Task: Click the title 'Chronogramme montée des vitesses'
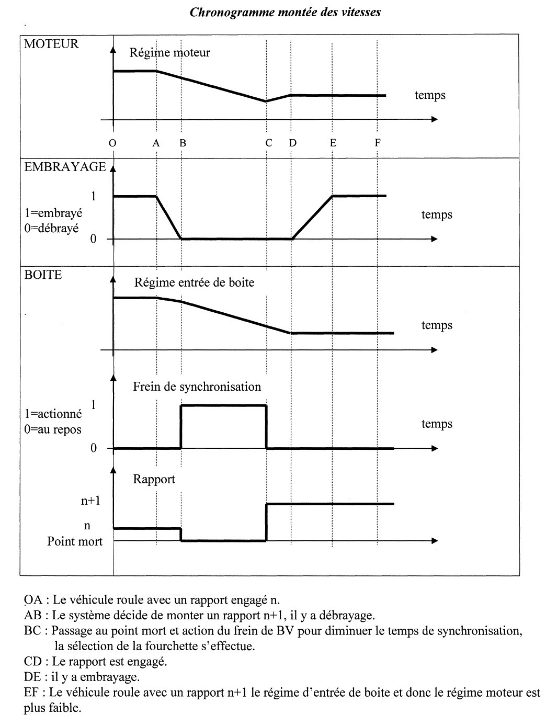[x=285, y=12]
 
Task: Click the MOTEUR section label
[x=51, y=44]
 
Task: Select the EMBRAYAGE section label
[x=64, y=167]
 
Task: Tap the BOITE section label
[x=43, y=275]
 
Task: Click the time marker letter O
[x=113, y=143]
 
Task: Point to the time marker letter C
[x=268, y=143]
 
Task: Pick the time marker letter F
[x=378, y=143]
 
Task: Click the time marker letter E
[x=333, y=143]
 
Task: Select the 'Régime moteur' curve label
[x=169, y=52]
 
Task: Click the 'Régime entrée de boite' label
[x=194, y=282]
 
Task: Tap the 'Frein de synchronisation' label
[x=197, y=387]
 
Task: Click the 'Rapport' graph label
[x=154, y=479]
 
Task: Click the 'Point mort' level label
[x=75, y=541]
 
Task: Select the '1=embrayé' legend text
[x=53, y=213]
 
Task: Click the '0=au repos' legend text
[x=53, y=429]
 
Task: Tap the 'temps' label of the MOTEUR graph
[x=430, y=95]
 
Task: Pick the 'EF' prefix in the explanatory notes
[x=31, y=693]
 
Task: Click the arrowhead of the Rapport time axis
[x=434, y=541]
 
